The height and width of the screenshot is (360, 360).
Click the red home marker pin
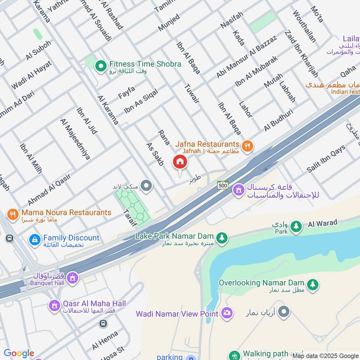click(180, 162)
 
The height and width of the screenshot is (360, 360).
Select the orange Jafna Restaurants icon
click(247, 146)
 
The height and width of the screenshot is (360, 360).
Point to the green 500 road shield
click(222, 185)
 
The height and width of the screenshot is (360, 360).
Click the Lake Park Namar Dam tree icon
click(221, 237)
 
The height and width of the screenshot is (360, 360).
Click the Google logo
click(18, 353)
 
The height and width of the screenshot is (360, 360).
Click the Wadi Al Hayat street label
click(31, 75)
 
